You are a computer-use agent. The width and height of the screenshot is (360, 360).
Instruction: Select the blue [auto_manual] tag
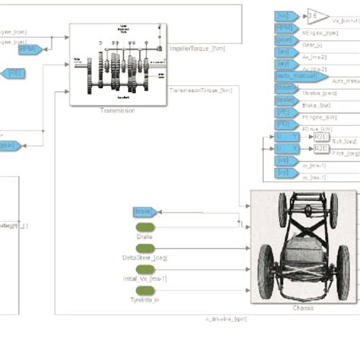299,77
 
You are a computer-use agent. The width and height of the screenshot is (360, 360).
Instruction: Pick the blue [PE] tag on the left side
14,73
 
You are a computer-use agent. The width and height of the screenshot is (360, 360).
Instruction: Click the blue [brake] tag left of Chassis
144,211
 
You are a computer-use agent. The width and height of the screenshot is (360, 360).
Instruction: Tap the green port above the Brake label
144,227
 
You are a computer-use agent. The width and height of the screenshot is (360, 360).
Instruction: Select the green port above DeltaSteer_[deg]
144,248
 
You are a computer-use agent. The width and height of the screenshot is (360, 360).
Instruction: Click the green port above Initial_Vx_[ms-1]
144,270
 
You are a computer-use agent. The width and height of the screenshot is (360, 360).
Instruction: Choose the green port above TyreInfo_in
144,291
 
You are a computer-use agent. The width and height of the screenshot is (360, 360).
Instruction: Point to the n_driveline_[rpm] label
226,319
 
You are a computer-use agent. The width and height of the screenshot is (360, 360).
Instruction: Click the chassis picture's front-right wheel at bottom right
343,272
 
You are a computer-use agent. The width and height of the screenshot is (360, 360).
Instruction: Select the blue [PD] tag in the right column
283,125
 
